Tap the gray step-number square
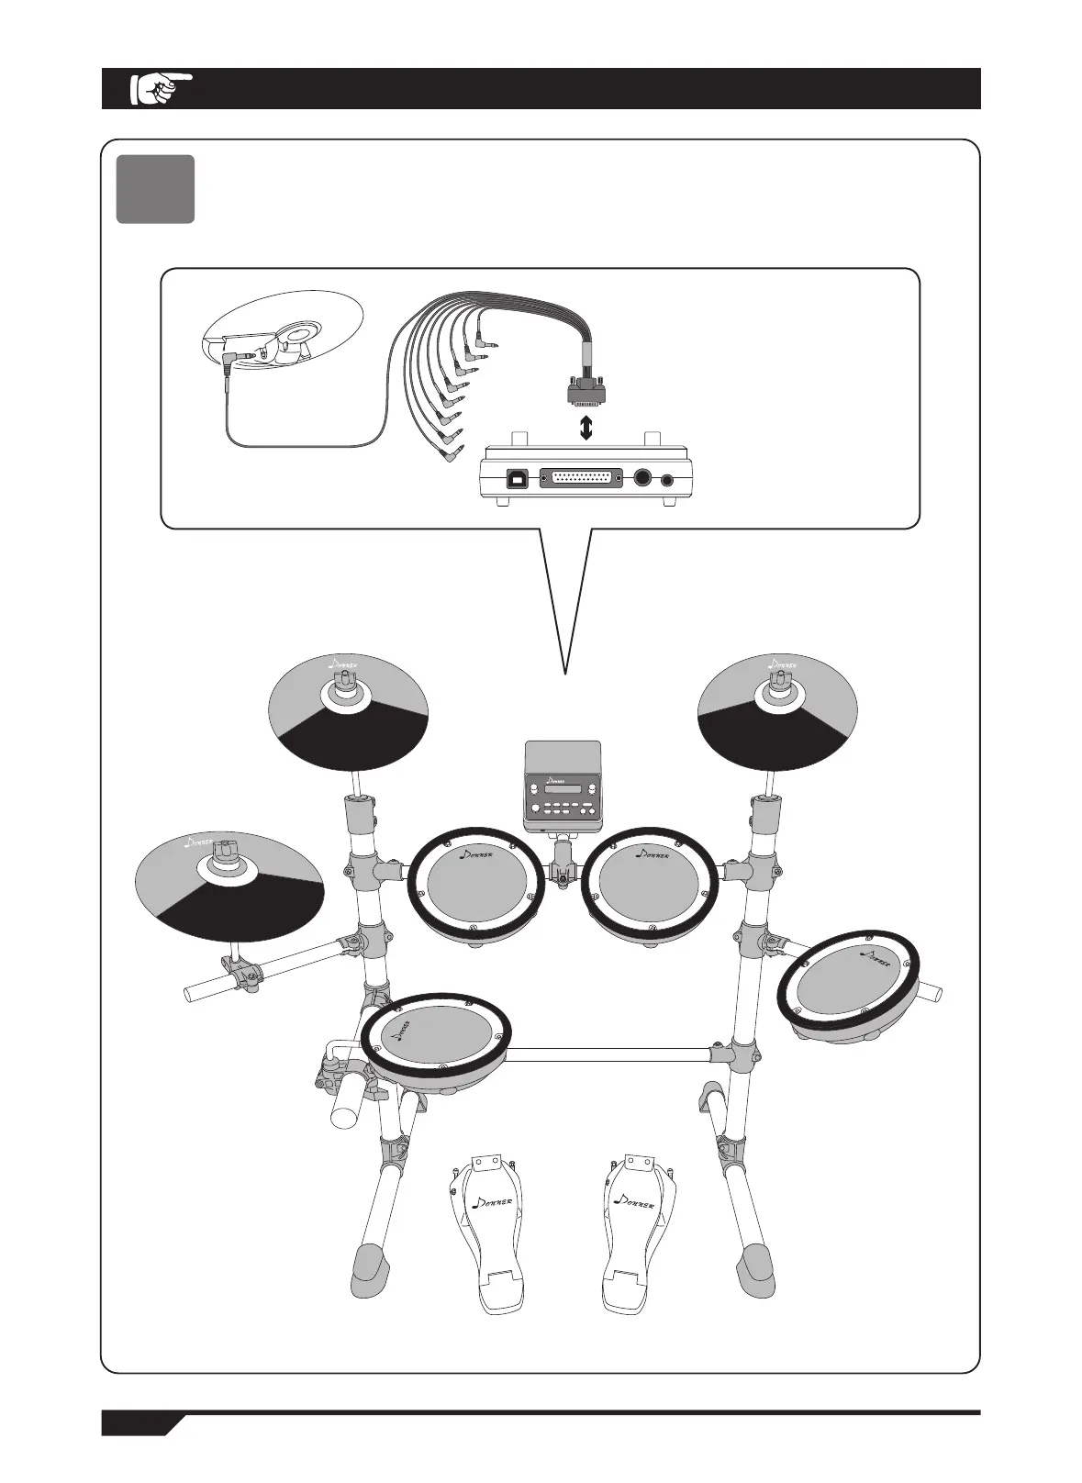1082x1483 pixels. (x=155, y=189)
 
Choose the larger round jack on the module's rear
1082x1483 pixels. (x=643, y=479)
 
